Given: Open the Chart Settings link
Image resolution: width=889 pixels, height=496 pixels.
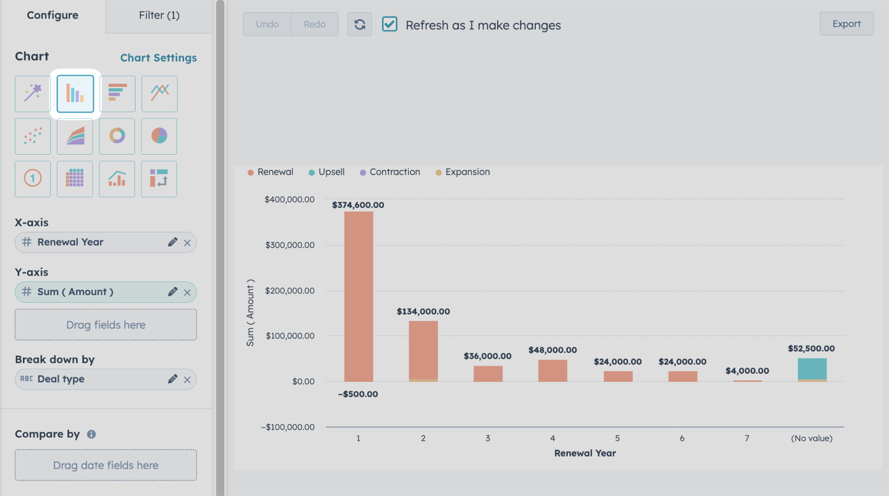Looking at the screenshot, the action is [x=158, y=58].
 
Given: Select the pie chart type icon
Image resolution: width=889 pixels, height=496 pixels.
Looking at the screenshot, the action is [x=159, y=136].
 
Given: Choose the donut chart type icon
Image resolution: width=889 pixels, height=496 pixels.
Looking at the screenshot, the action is [x=117, y=136].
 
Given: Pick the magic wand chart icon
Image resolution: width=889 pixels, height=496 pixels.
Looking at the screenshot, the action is [x=33, y=94].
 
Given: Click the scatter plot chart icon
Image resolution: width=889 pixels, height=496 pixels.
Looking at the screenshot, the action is [x=33, y=136].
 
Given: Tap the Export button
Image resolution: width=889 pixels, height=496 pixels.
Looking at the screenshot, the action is [x=846, y=24].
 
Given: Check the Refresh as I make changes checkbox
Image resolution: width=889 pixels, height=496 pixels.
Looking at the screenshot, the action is [x=390, y=24].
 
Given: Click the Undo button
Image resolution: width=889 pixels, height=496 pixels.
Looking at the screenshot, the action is [x=267, y=24].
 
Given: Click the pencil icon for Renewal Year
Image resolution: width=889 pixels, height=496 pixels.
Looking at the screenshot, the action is [x=172, y=242].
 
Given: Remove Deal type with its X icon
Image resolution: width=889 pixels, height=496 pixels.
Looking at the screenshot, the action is [x=187, y=380].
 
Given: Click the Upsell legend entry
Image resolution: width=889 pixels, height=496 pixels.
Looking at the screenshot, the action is [x=327, y=172].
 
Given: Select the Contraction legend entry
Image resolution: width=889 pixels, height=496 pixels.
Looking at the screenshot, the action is [x=390, y=172].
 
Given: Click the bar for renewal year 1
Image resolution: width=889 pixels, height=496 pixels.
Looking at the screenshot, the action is [x=358, y=297].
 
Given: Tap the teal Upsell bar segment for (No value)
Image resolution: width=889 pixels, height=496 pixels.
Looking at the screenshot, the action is [x=812, y=369].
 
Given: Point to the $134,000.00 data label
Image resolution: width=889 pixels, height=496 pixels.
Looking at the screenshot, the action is [x=424, y=312].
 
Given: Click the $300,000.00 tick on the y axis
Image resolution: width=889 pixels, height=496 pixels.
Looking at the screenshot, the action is [x=290, y=245].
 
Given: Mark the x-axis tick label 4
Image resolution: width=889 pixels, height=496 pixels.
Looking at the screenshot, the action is [x=553, y=439].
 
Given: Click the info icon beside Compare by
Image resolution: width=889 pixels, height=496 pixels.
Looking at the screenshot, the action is [x=91, y=434].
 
